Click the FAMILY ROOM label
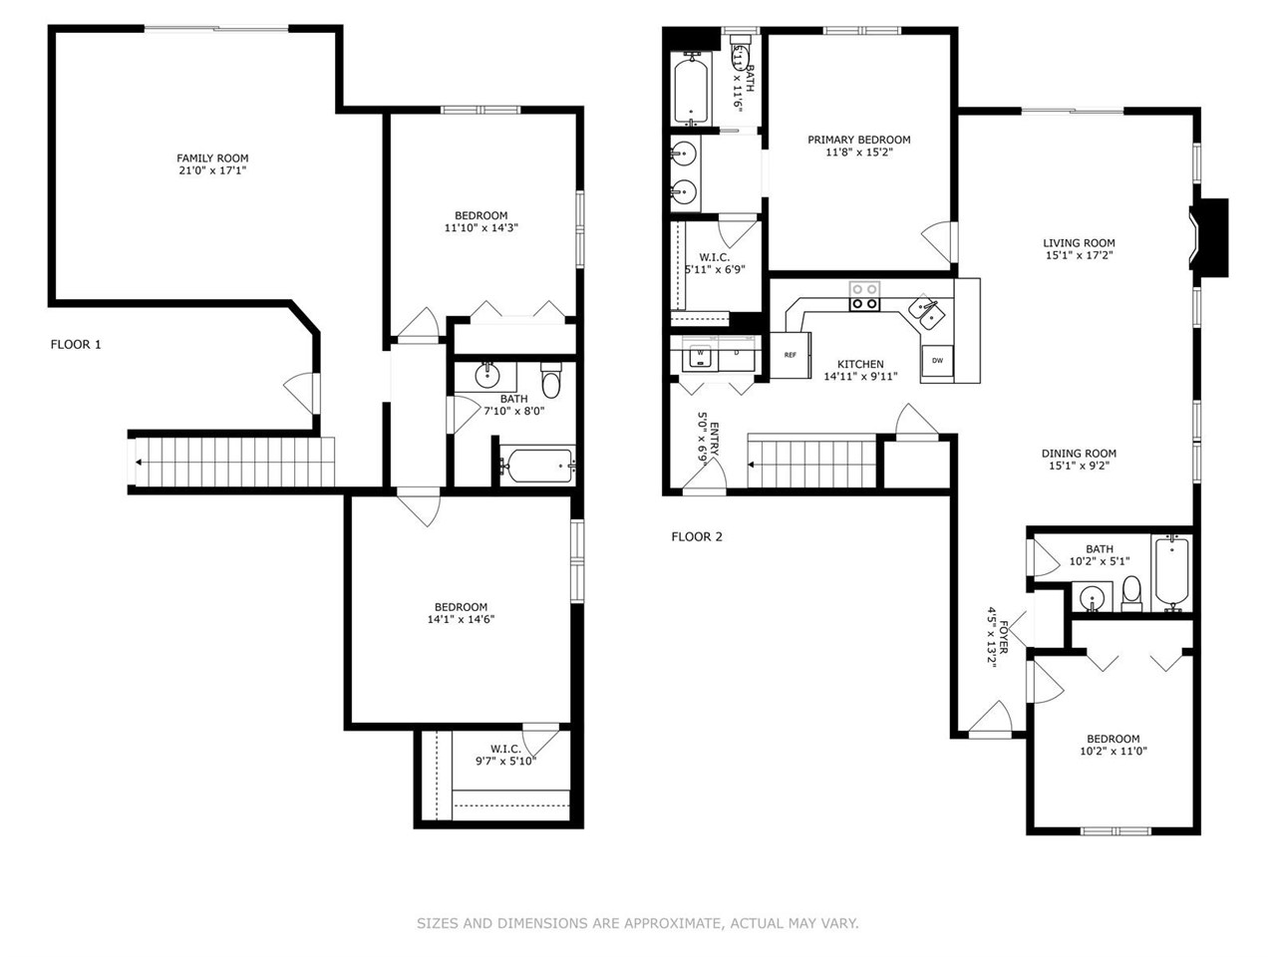[212, 159]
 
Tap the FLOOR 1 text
[76, 345]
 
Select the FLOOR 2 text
[697, 537]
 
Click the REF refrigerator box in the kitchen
[790, 355]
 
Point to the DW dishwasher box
[937, 360]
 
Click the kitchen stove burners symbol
[864, 296]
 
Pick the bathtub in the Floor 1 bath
[537, 465]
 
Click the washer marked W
[700, 354]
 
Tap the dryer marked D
[736, 354]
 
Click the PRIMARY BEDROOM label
[858, 141]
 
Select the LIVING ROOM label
[1079, 243]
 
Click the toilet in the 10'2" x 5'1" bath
[1131, 593]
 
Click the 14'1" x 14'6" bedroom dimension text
[460, 619]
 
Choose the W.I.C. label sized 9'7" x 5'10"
[505, 750]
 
